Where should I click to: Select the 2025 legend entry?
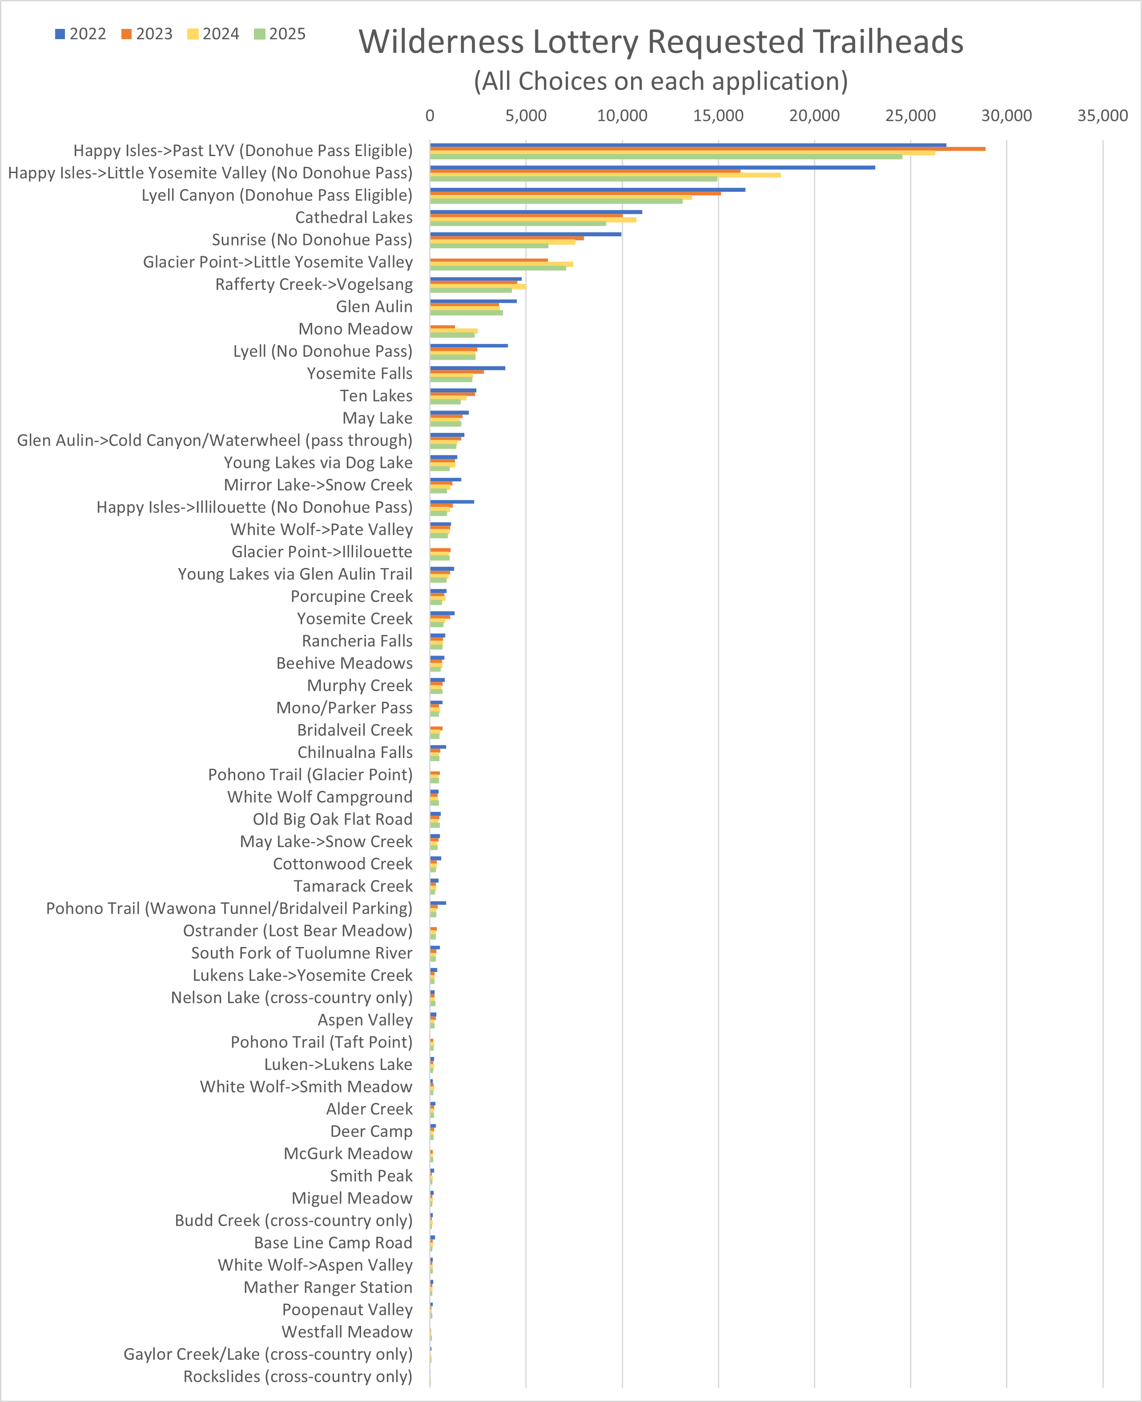pyautogui.click(x=280, y=34)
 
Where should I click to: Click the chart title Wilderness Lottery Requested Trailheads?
pyautogui.click(x=660, y=42)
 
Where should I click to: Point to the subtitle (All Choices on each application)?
pyautogui.click(x=660, y=81)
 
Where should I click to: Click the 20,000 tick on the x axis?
pyautogui.click(x=814, y=116)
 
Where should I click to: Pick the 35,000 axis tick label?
pyautogui.click(x=1102, y=116)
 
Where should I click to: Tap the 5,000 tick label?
pyautogui.click(x=526, y=116)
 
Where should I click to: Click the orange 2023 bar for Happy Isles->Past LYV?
pyautogui.click(x=707, y=149)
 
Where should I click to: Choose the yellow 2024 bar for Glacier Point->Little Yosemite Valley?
pyautogui.click(x=501, y=264)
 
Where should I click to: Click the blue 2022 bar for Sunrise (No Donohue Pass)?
pyautogui.click(x=525, y=234)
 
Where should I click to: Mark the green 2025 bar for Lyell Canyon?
pyautogui.click(x=556, y=201)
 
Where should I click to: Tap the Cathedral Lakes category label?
pyautogui.click(x=354, y=218)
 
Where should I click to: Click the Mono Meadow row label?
pyautogui.click(x=355, y=329)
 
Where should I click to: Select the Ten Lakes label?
pyautogui.click(x=376, y=396)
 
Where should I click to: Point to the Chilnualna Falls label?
pyautogui.click(x=355, y=753)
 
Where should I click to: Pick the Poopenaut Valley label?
pyautogui.click(x=347, y=1310)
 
